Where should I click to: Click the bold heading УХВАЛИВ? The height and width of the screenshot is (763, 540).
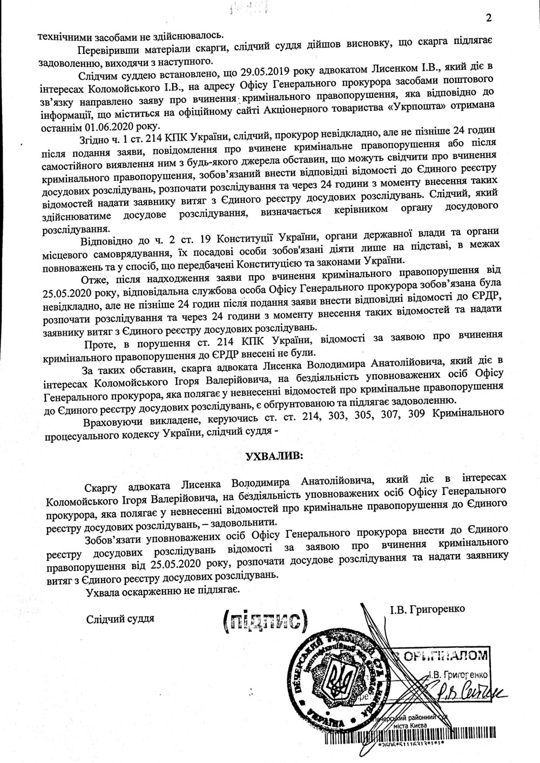tap(274, 455)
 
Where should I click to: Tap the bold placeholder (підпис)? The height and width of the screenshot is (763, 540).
tap(264, 623)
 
